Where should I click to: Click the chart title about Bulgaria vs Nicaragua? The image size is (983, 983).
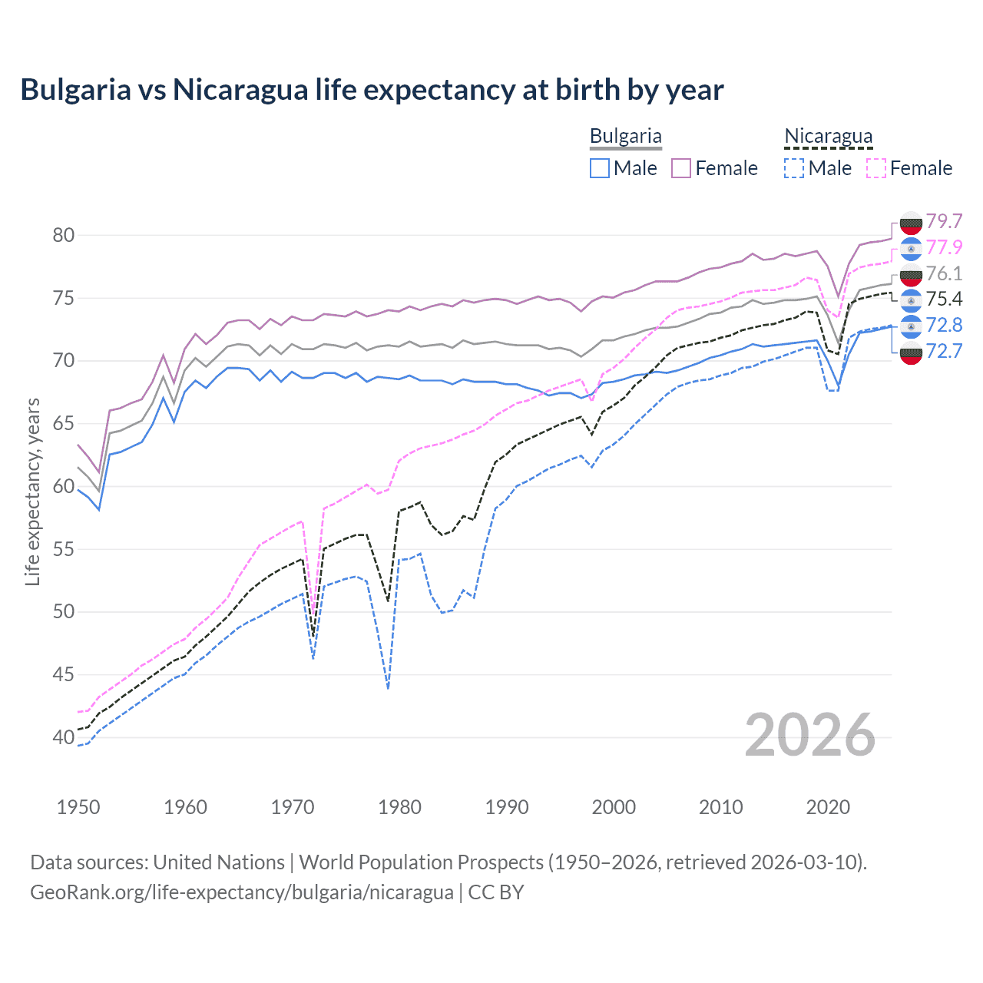[372, 90]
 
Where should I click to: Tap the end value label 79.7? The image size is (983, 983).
[944, 221]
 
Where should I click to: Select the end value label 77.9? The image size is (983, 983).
[944, 247]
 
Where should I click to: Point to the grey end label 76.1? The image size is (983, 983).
[944, 273]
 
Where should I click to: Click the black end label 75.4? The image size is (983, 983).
[944, 299]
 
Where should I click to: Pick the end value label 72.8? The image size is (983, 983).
[944, 325]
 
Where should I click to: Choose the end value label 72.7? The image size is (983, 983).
[944, 351]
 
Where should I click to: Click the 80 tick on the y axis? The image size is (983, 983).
[64, 235]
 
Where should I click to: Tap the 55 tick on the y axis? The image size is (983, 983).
[64, 549]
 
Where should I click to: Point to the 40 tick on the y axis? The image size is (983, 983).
[64, 737]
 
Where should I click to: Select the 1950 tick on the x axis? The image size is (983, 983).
[78, 807]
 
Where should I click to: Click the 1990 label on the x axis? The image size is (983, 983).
[507, 807]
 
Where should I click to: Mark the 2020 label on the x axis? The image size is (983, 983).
[828, 807]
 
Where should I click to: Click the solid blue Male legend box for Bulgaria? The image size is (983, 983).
[600, 168]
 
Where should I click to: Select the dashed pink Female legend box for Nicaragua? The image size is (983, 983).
[876, 168]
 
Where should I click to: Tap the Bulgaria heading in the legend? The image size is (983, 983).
[625, 136]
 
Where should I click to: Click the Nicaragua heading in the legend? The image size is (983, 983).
[828, 136]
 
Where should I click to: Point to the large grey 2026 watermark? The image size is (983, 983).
[810, 735]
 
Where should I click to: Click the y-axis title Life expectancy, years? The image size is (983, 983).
[32, 491]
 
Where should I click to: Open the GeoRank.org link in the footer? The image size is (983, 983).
[242, 892]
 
